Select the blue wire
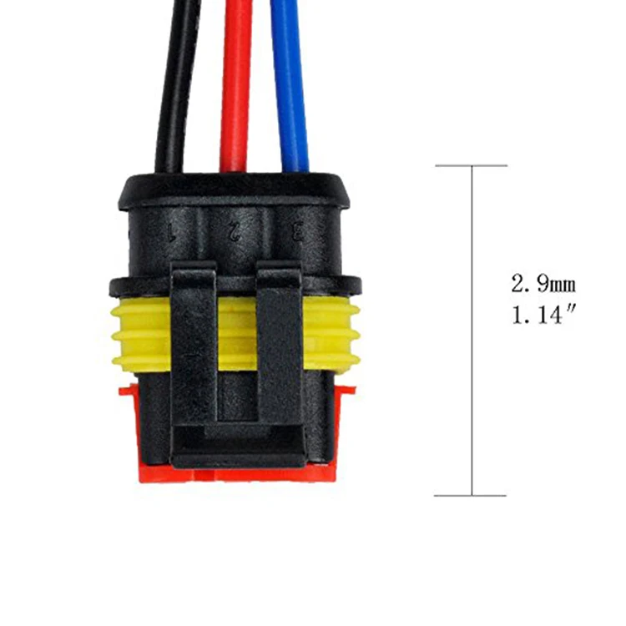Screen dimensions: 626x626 point(290,83)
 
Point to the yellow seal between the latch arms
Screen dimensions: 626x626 point(236,334)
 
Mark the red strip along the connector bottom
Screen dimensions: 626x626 point(238,474)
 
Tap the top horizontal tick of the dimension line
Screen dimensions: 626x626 point(472,165)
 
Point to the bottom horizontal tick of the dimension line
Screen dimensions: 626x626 point(472,495)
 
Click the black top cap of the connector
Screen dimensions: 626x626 point(238,188)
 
